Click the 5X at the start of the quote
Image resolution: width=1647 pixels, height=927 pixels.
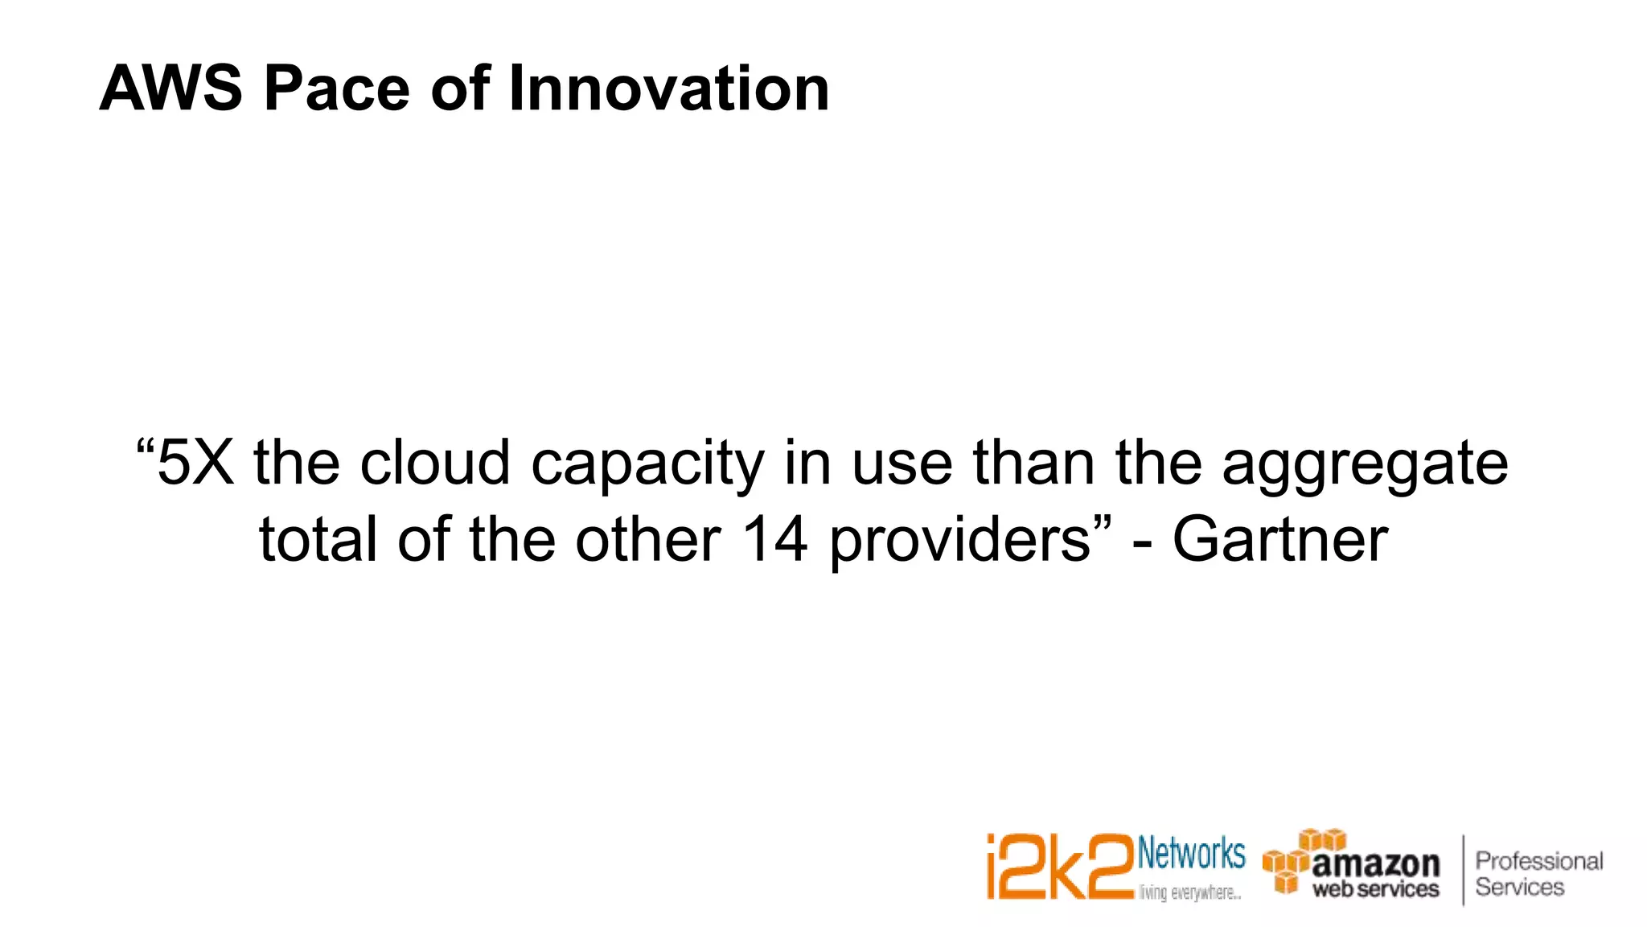195,463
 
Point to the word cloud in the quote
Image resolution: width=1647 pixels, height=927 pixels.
434,463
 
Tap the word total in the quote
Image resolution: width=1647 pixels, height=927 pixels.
318,539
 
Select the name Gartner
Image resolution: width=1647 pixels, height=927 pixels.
1279,539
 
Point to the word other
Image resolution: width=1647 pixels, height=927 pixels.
647,539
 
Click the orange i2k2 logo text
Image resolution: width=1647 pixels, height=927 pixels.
1059,867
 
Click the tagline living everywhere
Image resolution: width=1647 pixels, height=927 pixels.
1189,892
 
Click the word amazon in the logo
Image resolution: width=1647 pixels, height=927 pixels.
1375,864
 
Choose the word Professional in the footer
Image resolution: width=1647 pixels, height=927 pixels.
1538,861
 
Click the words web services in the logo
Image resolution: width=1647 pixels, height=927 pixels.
1375,889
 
